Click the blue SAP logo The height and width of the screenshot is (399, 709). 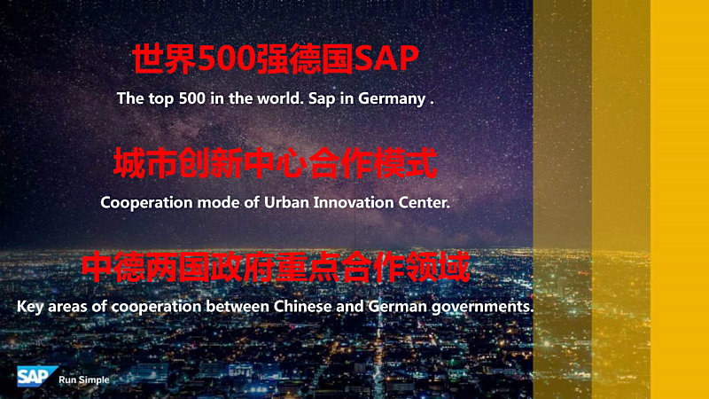point(36,376)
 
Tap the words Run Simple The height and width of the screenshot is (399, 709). point(84,380)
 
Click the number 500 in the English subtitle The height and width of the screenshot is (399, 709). point(191,98)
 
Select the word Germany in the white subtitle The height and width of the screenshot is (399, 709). point(392,99)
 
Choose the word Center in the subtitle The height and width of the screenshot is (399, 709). point(424,202)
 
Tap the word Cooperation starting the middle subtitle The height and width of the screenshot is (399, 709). point(146,203)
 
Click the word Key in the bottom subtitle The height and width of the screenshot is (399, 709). point(30,307)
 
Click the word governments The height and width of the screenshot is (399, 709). point(482,308)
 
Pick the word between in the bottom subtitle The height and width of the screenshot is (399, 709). point(238,306)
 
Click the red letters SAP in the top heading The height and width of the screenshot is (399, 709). point(386,59)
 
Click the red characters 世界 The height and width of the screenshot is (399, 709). point(165,59)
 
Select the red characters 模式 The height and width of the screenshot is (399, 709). point(405,163)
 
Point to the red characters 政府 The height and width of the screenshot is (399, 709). point(243,268)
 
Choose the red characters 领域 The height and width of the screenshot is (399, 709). point(438,268)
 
